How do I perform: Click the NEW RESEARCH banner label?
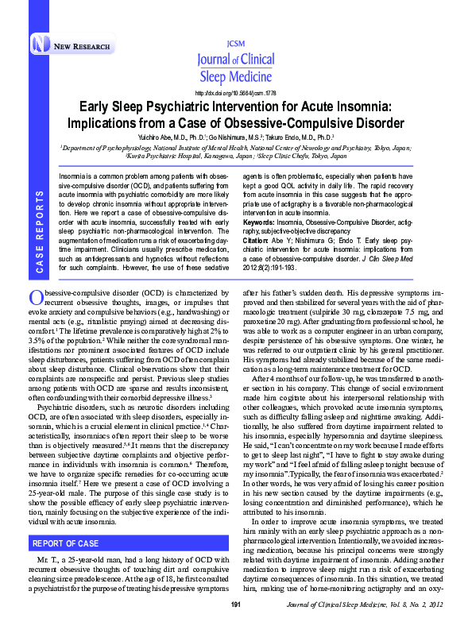tap(82, 47)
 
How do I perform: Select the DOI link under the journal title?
tap(236, 93)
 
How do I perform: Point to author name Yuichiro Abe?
tap(167, 137)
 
